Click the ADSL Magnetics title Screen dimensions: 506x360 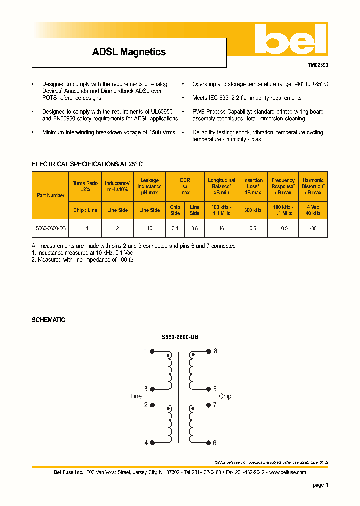[x=129, y=52]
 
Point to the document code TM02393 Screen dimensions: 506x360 [x=317, y=65]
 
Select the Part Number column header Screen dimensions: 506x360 [x=50, y=195]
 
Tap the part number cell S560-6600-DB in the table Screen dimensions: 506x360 [x=50, y=228]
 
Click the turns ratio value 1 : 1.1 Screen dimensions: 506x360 [x=85, y=228]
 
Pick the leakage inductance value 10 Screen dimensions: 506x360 [x=149, y=228]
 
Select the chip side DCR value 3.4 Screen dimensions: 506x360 [x=175, y=228]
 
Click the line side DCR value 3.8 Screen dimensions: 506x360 [x=194, y=228]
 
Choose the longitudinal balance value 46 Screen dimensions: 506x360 [x=221, y=228]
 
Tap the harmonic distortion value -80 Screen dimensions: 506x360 [x=313, y=228]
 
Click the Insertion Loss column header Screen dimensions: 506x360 [x=253, y=186]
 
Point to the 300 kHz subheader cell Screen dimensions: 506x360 [x=253, y=210]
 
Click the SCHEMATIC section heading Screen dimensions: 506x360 [x=48, y=320]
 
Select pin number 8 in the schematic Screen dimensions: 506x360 [x=215, y=351]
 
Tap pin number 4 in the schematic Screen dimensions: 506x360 [x=146, y=443]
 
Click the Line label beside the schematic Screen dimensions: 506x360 [x=136, y=396]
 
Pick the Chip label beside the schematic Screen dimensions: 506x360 [x=225, y=396]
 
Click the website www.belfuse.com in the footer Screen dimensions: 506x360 [x=287, y=472]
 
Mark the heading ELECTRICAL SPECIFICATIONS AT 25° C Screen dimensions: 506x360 [x=87, y=164]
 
